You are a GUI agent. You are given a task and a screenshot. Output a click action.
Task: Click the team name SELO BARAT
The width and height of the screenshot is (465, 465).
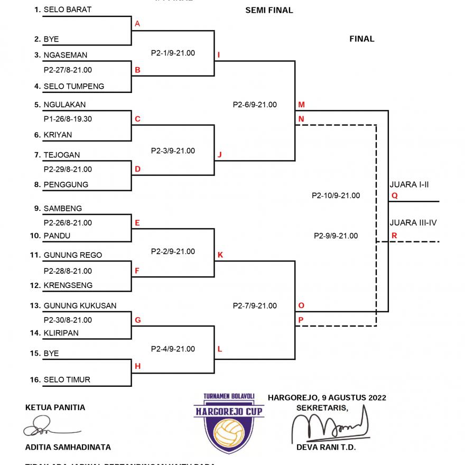[x=67, y=10]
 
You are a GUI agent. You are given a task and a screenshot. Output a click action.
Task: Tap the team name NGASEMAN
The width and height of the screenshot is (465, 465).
[x=66, y=55]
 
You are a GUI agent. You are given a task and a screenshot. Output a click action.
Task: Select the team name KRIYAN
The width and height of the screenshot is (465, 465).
[x=58, y=135]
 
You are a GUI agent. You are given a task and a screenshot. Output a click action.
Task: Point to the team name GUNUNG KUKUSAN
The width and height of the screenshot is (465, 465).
[x=80, y=305]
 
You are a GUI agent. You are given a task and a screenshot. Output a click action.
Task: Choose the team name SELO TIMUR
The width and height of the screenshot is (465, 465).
[x=67, y=379]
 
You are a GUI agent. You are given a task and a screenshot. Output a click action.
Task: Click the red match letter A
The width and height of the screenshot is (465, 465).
[x=137, y=24]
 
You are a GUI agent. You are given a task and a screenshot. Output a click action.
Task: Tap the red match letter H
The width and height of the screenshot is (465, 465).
[x=137, y=366]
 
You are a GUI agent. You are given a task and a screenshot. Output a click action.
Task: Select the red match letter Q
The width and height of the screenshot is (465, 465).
[x=394, y=196]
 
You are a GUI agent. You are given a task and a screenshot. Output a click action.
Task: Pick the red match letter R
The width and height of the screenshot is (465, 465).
[x=394, y=236]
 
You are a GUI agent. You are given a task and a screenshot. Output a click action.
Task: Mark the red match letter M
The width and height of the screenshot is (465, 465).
[x=301, y=105]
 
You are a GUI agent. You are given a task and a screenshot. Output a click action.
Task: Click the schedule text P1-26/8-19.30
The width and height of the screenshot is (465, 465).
[x=68, y=119]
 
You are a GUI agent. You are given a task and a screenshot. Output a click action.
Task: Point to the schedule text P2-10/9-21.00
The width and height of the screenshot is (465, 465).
[x=336, y=196]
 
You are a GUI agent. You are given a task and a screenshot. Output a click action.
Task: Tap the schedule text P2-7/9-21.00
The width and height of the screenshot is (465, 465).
[x=255, y=305]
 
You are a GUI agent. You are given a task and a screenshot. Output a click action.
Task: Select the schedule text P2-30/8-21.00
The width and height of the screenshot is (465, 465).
[x=68, y=320]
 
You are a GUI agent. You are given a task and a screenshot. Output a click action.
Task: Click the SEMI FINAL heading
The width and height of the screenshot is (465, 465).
[x=269, y=10]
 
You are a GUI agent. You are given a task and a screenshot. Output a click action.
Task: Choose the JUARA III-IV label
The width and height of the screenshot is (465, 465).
[x=413, y=222]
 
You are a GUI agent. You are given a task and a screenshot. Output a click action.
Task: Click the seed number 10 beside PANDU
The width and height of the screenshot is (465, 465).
[x=35, y=236]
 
